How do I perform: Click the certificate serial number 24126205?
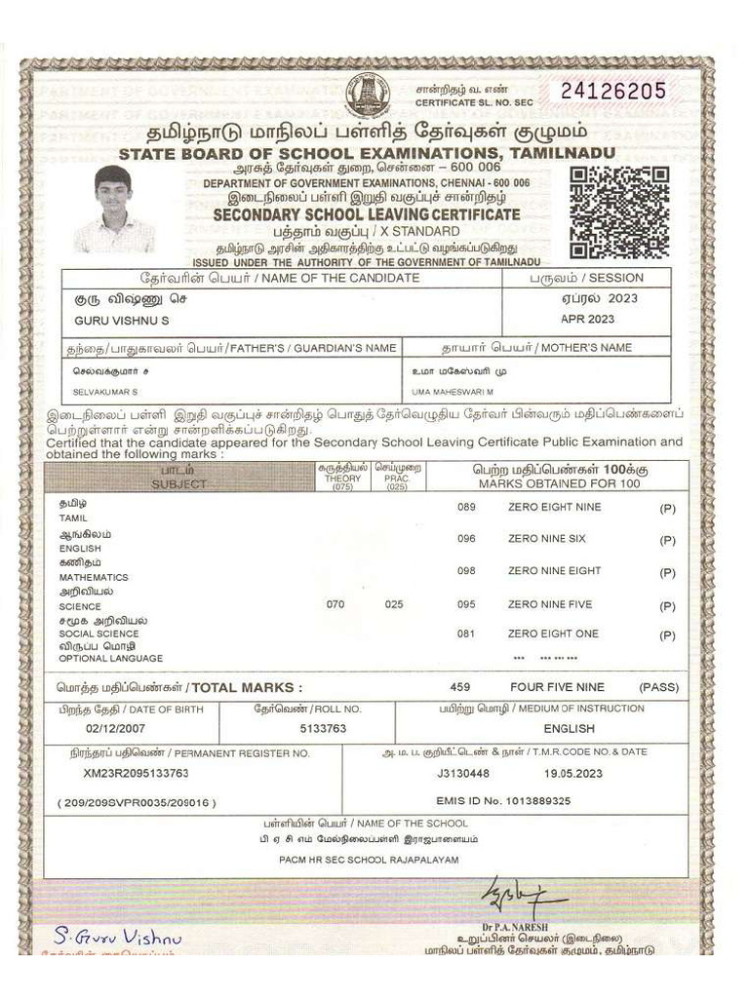[x=613, y=92]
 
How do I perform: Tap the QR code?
[x=619, y=211]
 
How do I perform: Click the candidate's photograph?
[x=114, y=209]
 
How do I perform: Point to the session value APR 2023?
[x=587, y=319]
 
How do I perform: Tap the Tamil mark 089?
[x=466, y=507]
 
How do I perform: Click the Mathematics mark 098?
[x=466, y=571]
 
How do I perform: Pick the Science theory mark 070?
[x=335, y=604]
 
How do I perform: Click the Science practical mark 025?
[x=394, y=604]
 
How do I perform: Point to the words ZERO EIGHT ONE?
[x=553, y=633]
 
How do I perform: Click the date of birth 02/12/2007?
[x=115, y=728]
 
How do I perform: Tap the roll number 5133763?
[x=323, y=728]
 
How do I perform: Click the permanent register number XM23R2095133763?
[x=136, y=773]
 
